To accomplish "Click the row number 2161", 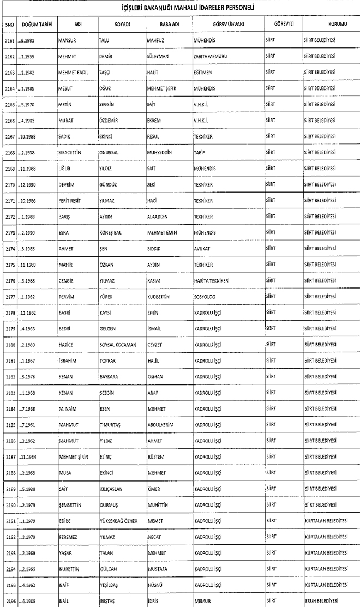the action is click(9, 41).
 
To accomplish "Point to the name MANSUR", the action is click(68, 41).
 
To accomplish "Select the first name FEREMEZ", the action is click(69, 537).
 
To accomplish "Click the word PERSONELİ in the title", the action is click(238, 8).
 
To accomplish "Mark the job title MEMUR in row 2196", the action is click(202, 601).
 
